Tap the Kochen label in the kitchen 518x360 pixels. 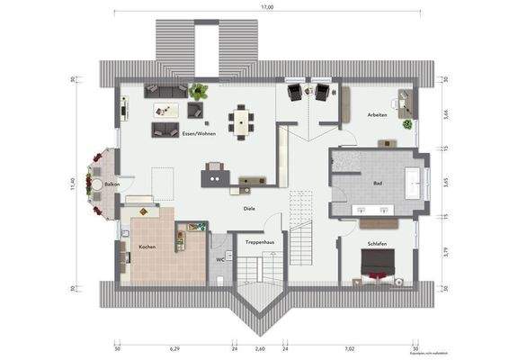click(x=147, y=246)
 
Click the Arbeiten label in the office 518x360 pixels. click(x=378, y=115)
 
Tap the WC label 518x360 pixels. click(x=219, y=259)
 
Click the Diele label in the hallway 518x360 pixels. click(x=249, y=208)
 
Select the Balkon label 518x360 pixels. click(x=112, y=184)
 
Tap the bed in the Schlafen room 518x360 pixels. click(x=379, y=266)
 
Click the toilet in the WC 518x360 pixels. click(x=219, y=279)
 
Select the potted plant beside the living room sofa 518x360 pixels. click(x=199, y=89)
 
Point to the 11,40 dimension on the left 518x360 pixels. click(x=71, y=184)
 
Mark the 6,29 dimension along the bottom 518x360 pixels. click(x=174, y=346)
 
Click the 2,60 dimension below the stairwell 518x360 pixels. click(x=260, y=346)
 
